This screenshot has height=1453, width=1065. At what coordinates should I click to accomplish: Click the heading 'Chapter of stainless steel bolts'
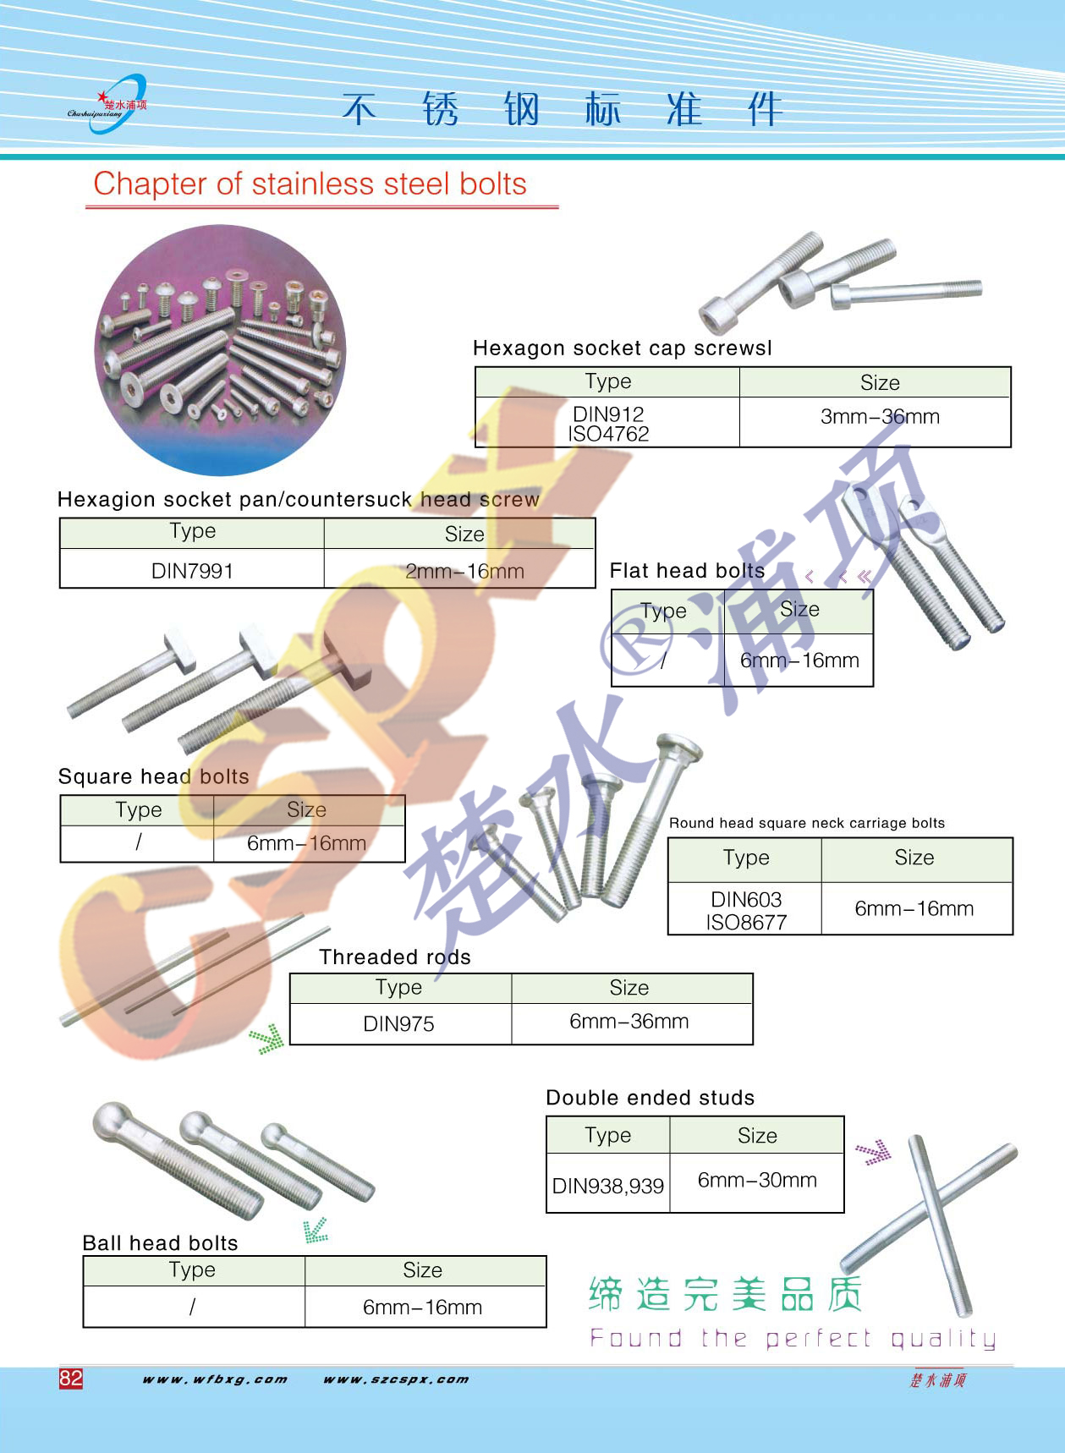[x=310, y=184]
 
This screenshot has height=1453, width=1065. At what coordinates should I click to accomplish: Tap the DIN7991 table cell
[x=192, y=571]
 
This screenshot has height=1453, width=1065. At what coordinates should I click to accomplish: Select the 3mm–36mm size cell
[x=880, y=417]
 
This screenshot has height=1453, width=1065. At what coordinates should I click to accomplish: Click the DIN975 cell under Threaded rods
[x=398, y=1024]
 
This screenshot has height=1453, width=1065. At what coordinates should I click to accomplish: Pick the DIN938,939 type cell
[x=608, y=1186]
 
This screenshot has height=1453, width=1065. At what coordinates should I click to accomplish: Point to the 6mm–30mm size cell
[x=757, y=1180]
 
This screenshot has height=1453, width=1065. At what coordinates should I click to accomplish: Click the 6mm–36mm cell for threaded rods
[x=629, y=1022]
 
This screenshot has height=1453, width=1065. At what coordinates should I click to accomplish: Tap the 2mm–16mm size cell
[x=464, y=572]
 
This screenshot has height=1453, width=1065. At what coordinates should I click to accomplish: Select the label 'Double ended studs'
[x=651, y=1098]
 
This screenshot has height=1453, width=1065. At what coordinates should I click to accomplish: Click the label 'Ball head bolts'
[x=161, y=1242]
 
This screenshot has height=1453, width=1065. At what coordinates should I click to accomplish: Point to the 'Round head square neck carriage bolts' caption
[x=807, y=823]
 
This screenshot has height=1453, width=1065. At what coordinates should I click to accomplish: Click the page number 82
[x=71, y=1378]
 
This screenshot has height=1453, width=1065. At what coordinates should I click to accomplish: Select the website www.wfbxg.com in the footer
[x=215, y=1379]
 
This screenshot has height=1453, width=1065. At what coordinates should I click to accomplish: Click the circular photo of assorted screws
[x=220, y=349]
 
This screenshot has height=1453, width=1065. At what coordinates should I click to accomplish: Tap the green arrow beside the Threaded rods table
[x=266, y=1039]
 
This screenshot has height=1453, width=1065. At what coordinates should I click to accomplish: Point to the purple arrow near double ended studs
[x=874, y=1152]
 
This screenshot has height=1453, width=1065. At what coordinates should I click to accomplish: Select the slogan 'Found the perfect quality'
[x=793, y=1338]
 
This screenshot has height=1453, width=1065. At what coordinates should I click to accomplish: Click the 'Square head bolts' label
[x=153, y=776]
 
